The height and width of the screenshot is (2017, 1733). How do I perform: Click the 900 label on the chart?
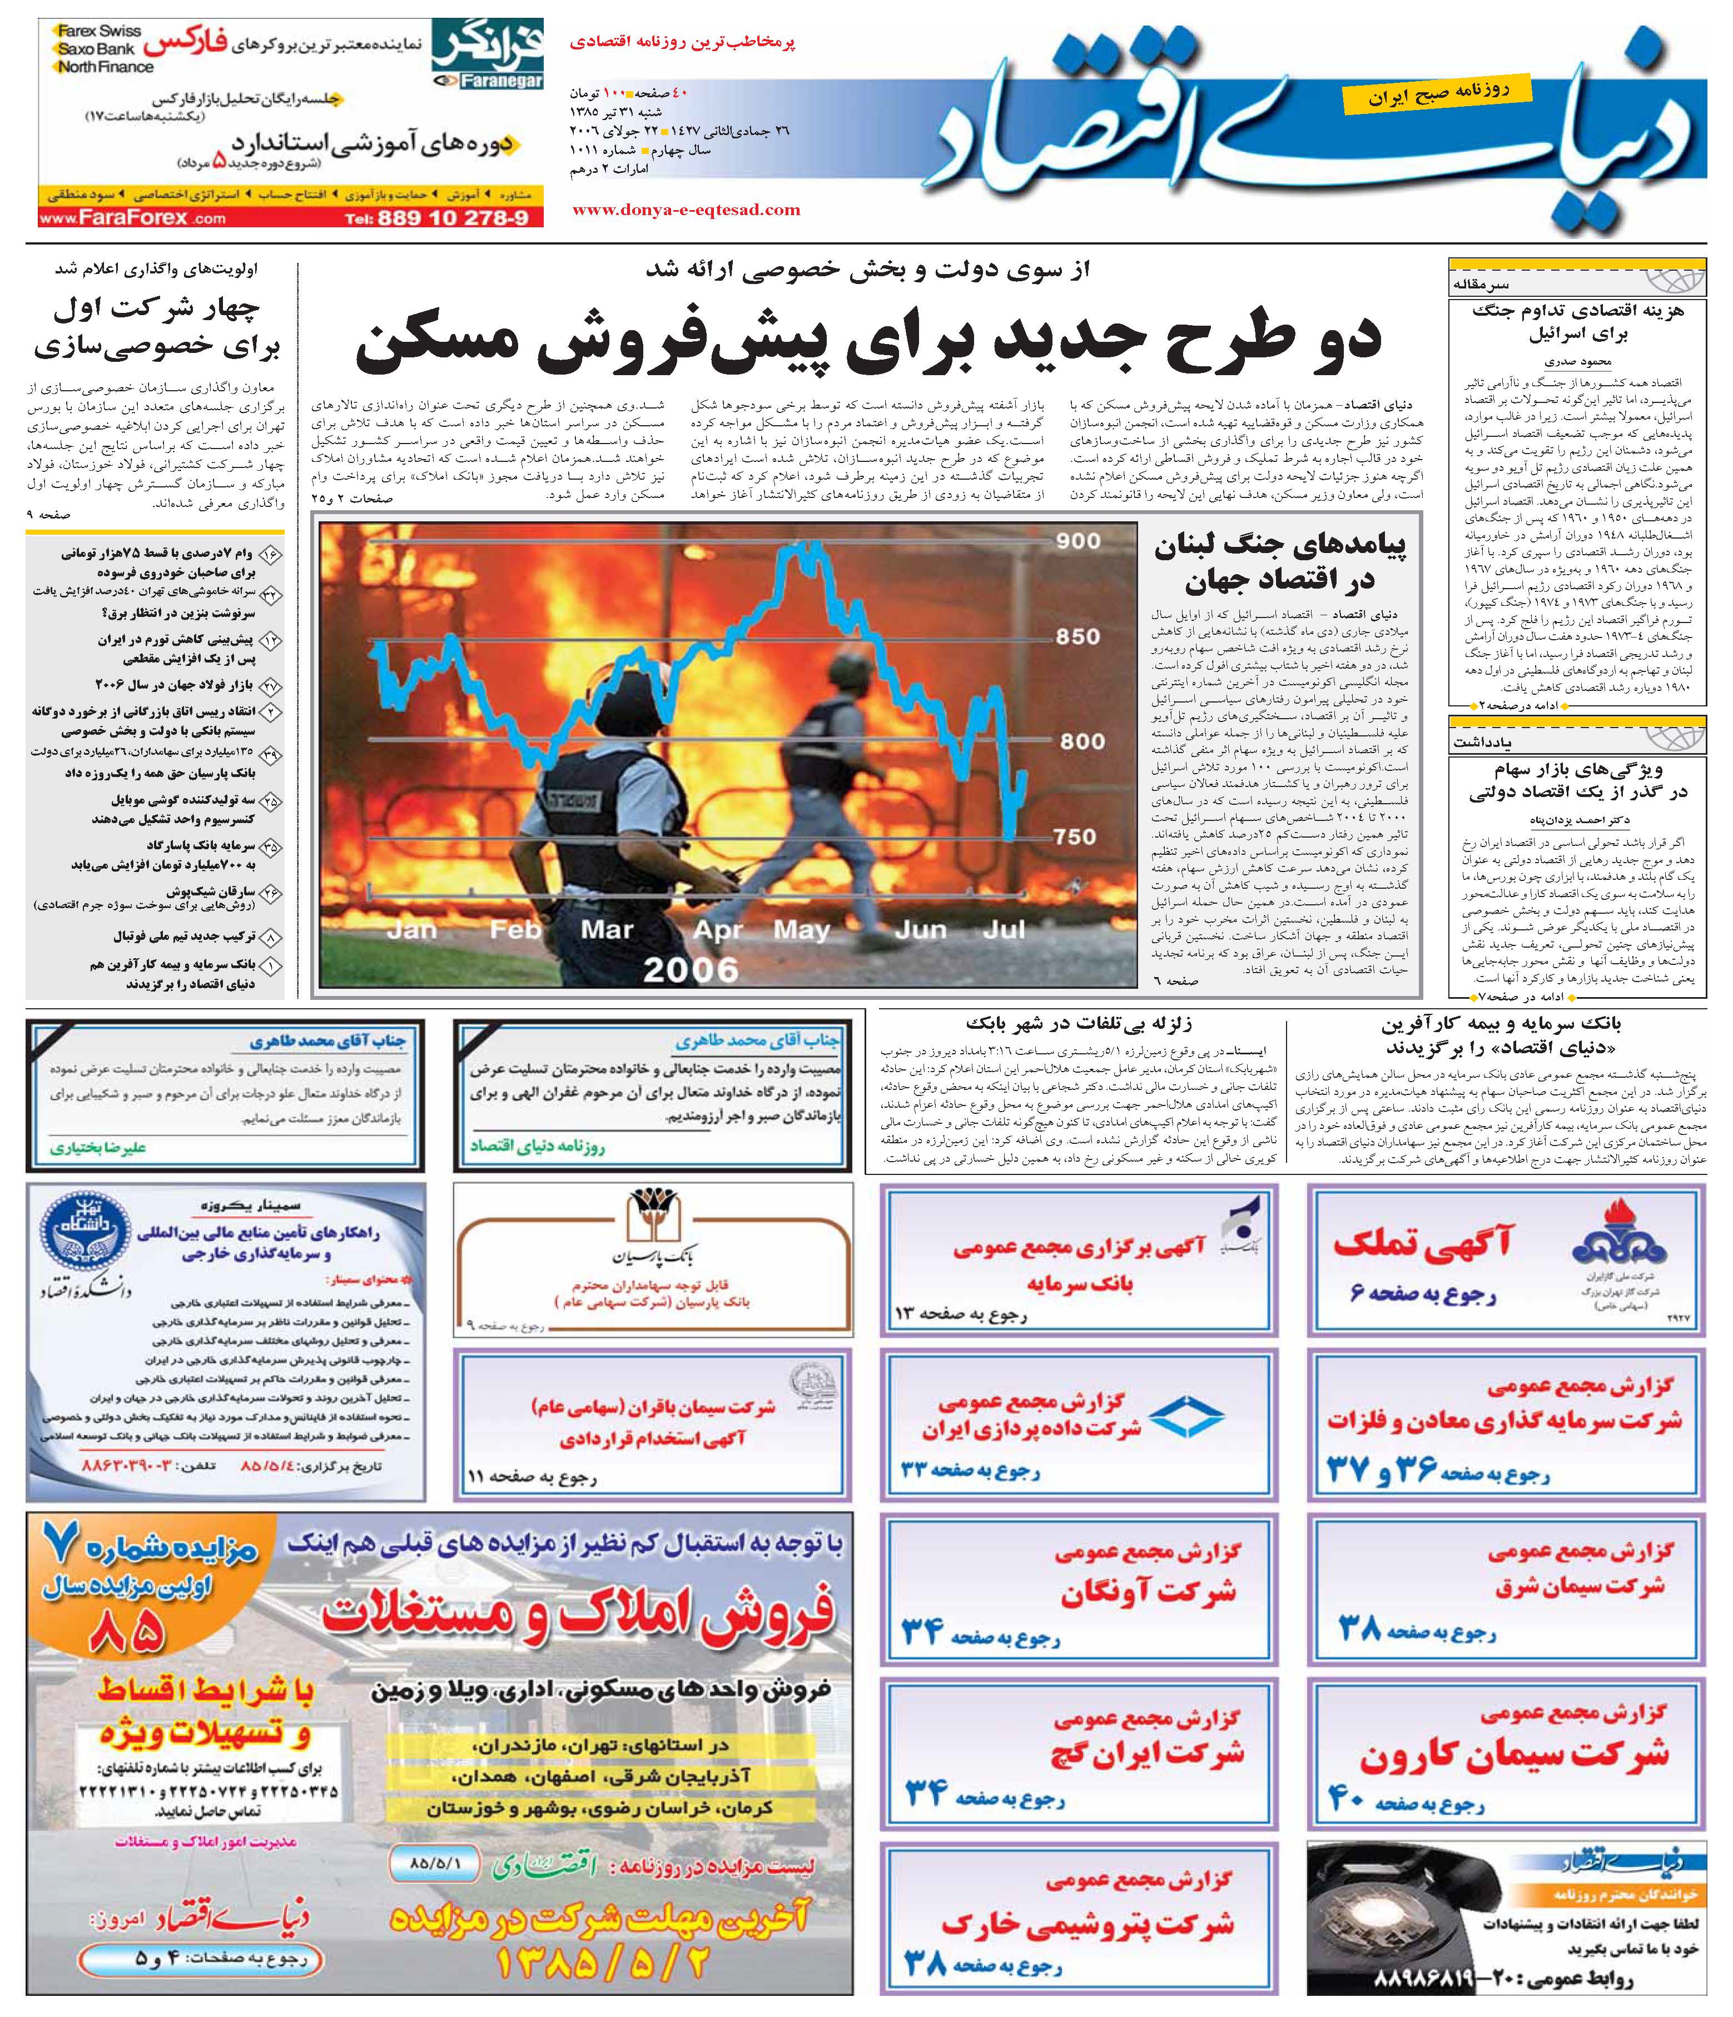(1077, 541)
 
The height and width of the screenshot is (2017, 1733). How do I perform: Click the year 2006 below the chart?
(691, 969)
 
